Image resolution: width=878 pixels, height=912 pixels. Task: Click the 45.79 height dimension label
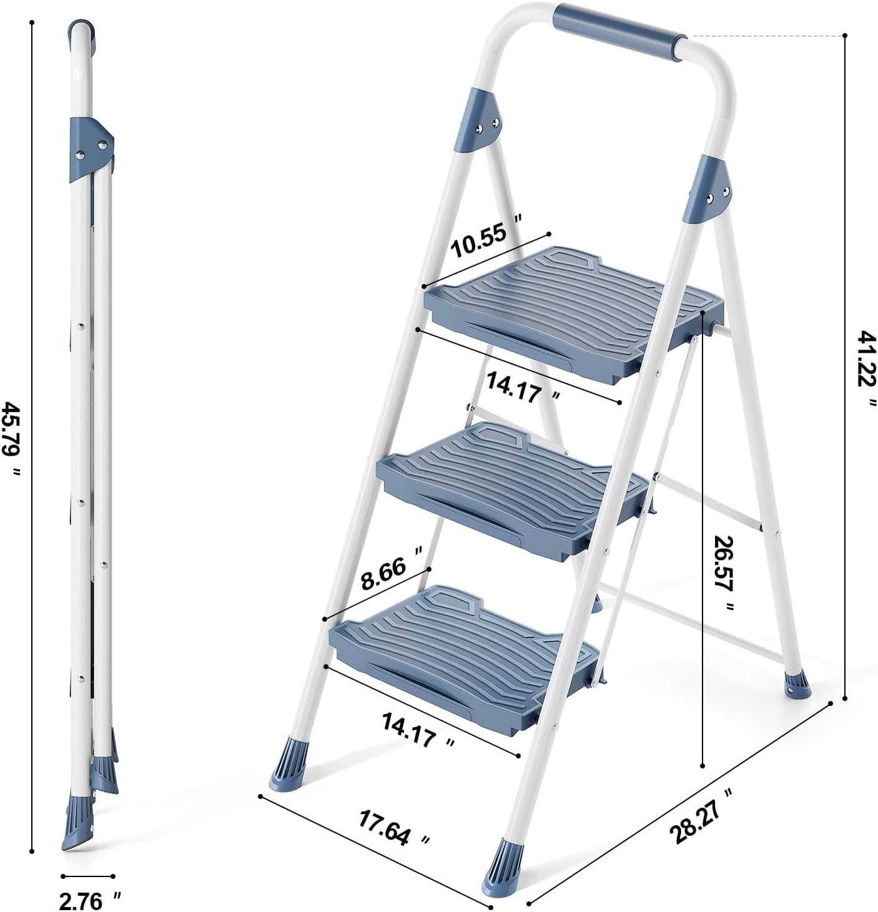pyautogui.click(x=11, y=438)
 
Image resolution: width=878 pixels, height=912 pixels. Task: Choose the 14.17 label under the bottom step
pyautogui.click(x=418, y=731)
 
